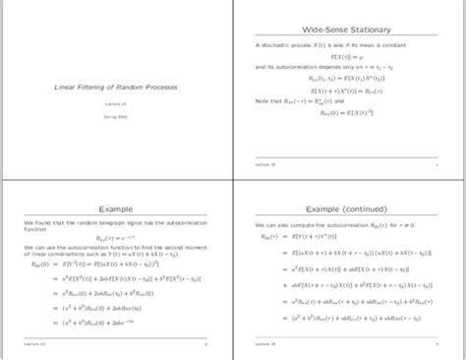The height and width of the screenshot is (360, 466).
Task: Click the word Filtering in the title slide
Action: pos(94,87)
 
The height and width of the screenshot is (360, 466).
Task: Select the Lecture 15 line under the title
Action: pos(116,103)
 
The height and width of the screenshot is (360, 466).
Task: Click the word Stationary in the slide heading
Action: pos(369,31)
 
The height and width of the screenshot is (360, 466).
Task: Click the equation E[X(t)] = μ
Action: pos(351,57)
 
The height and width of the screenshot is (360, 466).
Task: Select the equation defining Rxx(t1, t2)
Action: pos(351,77)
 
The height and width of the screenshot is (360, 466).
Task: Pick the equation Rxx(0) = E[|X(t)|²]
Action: pos(351,113)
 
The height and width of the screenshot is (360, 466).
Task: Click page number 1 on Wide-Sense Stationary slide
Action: pos(437,165)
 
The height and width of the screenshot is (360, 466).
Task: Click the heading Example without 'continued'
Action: pos(117,209)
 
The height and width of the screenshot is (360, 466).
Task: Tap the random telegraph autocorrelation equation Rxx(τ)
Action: pos(116,238)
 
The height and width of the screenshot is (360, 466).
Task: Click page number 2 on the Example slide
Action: pos(204,345)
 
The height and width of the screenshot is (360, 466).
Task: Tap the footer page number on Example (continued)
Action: pos(437,345)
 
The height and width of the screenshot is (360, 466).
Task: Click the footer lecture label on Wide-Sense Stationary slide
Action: pos(265,165)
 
